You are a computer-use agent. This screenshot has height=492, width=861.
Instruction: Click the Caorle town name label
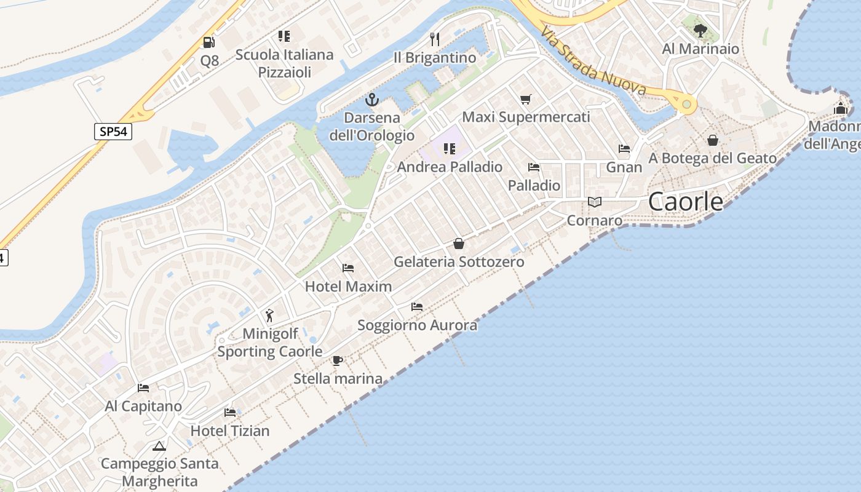point(686,202)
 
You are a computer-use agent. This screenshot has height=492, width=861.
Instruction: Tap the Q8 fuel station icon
point(209,42)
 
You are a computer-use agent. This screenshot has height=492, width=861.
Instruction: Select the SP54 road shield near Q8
point(113,132)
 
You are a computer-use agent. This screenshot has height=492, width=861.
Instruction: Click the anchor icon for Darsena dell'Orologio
point(371,99)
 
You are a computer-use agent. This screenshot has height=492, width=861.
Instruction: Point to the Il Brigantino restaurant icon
point(435,39)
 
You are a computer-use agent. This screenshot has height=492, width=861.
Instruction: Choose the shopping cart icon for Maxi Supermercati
point(525,99)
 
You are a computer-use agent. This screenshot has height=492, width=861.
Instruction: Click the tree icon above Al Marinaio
point(700,30)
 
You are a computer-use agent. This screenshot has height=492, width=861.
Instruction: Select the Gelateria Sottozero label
point(459,262)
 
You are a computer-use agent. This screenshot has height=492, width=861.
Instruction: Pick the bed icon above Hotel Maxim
point(348,268)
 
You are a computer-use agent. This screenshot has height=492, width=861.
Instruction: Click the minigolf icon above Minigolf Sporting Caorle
point(269,315)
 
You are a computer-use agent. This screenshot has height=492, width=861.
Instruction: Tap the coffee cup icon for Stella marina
point(337,360)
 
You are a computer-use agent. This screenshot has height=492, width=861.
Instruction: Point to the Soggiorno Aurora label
point(417,325)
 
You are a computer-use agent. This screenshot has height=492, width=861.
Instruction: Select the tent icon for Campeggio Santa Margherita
point(159,446)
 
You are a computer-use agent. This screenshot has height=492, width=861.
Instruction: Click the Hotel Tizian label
point(230,431)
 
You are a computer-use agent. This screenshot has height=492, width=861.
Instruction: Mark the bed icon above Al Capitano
point(143,388)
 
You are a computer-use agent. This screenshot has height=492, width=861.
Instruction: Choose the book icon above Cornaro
point(594,202)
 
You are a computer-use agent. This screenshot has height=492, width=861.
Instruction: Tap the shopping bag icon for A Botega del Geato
point(712,140)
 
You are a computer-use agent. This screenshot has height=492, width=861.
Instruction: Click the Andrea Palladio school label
point(450,167)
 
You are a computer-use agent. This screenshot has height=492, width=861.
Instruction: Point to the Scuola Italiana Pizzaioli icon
point(284,36)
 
